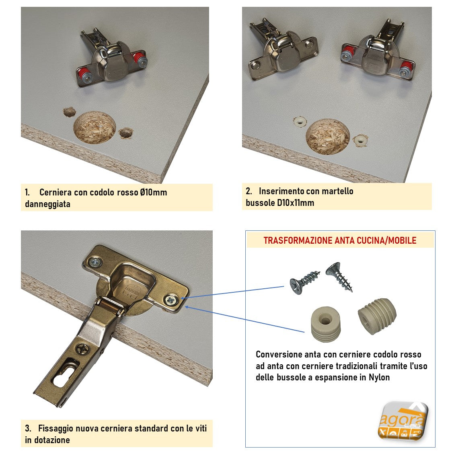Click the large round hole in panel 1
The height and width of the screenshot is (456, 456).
pos(94,127)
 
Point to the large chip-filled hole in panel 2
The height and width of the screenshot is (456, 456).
pos(328,137)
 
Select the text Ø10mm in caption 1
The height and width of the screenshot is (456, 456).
pos(153,192)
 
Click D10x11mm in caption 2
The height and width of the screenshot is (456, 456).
pos(296,203)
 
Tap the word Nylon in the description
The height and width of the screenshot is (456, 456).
pos(379,377)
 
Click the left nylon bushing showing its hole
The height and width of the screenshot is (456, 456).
pos(326,324)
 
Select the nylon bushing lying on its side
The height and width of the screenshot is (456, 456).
pos(377,316)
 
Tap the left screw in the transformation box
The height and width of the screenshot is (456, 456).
pos(304,281)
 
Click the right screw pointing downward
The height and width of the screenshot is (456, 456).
pos(339,276)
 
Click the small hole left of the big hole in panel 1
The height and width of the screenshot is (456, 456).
pos(70,112)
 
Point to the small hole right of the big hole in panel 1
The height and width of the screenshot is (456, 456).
pos(126,133)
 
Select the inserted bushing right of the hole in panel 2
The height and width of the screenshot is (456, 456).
pos(360,140)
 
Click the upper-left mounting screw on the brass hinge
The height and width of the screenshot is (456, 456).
pos(96,262)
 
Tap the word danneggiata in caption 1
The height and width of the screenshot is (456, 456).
pos(48,204)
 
